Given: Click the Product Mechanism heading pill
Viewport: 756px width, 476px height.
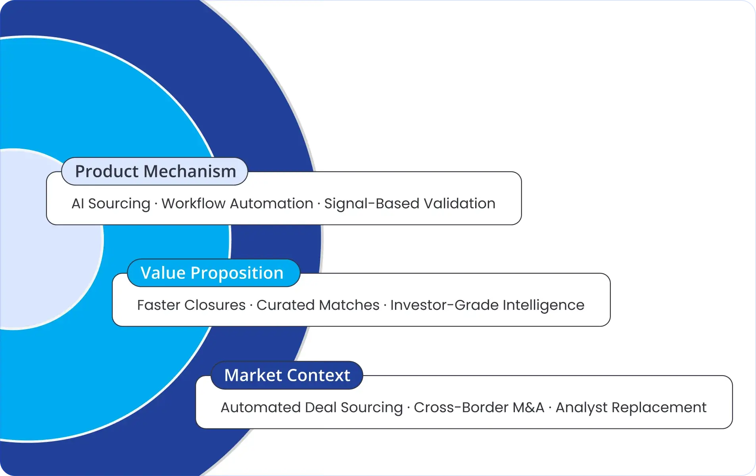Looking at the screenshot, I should click(x=155, y=171).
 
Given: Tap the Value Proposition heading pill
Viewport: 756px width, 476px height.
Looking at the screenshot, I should click(x=213, y=273).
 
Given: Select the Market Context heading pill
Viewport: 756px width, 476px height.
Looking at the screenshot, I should click(x=287, y=375).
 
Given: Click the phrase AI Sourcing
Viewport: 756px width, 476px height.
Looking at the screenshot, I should click(x=111, y=203).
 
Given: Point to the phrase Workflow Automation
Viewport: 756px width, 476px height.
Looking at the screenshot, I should click(x=237, y=203).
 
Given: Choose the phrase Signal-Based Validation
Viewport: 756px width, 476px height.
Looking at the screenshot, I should click(x=410, y=203).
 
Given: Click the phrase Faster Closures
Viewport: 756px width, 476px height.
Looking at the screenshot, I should click(x=191, y=305).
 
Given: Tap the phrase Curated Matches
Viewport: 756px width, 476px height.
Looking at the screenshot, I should click(x=318, y=305).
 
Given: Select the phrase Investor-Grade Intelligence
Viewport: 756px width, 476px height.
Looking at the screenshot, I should click(x=487, y=305).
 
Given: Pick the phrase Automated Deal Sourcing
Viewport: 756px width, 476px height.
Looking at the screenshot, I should click(x=311, y=407).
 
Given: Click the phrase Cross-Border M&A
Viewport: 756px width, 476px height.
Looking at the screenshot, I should click(x=479, y=407).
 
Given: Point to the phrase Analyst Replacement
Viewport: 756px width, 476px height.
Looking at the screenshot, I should click(x=631, y=407).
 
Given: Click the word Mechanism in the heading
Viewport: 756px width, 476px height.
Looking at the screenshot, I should click(x=190, y=171).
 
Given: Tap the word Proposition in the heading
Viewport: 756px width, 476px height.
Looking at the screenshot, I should click(x=237, y=273).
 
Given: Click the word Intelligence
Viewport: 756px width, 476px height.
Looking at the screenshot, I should click(x=543, y=305).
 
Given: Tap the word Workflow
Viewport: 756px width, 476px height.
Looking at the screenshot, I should click(x=193, y=203).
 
